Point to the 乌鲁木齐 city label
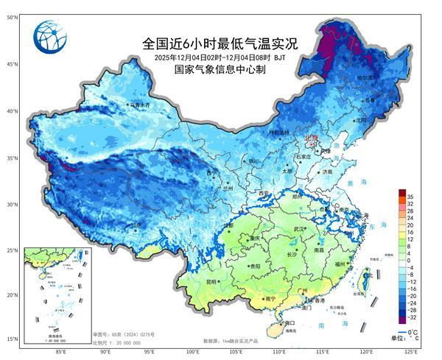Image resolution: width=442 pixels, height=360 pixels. pyautogui.click(x=140, y=105)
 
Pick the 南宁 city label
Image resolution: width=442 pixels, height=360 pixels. pyautogui.click(x=270, y=299)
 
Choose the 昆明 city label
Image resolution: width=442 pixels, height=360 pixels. pyautogui.click(x=212, y=281)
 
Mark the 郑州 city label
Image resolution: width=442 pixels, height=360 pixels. pyautogui.click(x=297, y=197)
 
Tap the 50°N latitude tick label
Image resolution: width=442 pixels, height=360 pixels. pyautogui.click(x=13, y=16)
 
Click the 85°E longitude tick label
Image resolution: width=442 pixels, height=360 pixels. pyautogui.click(x=58, y=351)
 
